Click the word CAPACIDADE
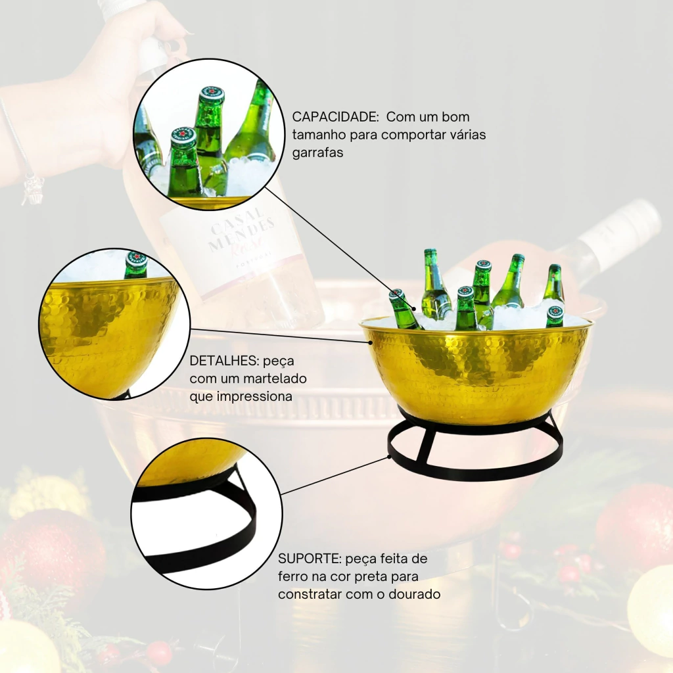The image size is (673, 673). pyautogui.click(x=335, y=117)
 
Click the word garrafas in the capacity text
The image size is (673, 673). pyautogui.click(x=317, y=152)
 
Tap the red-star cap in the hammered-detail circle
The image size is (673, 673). pyautogui.click(x=137, y=259)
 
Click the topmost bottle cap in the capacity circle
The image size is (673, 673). pyautogui.click(x=212, y=95)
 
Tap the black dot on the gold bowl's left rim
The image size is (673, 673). pyautogui.click(x=371, y=342)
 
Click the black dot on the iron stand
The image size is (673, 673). pyautogui.click(x=390, y=457)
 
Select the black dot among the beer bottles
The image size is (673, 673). pyautogui.click(x=414, y=308)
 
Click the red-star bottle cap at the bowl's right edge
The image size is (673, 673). pyautogui.click(x=555, y=311)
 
